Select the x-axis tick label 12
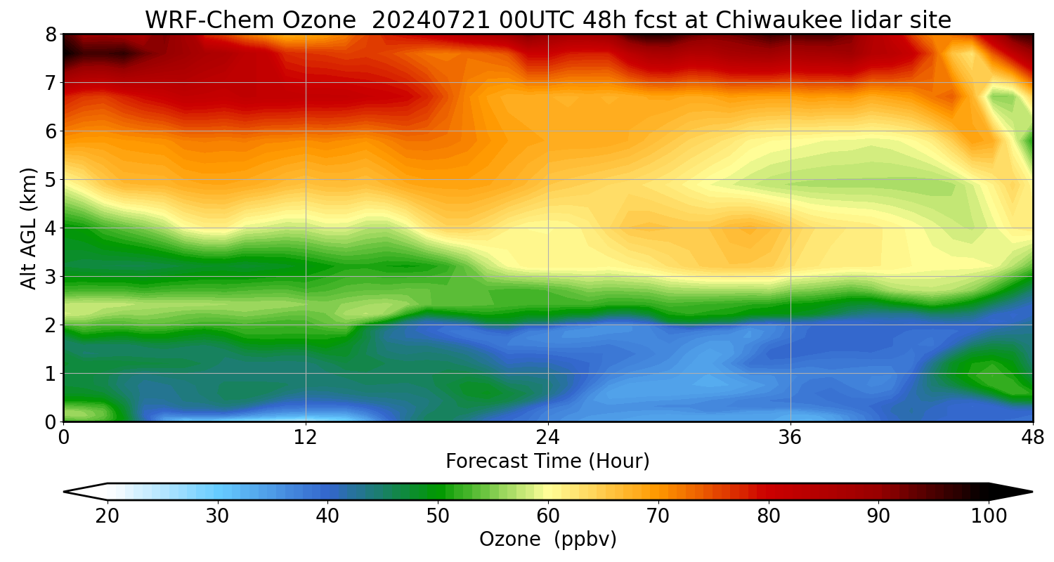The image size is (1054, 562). [306, 438]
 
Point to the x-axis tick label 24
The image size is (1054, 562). [548, 438]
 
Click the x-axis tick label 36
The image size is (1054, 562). [790, 438]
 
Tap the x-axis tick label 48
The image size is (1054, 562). [1033, 438]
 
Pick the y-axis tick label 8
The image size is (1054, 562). [51, 34]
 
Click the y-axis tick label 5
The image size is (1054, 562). [51, 180]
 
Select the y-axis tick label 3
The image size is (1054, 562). [51, 277]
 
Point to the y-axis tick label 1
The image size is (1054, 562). [51, 374]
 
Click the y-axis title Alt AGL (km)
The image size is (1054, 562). [29, 228]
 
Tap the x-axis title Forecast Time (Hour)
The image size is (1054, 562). [548, 462]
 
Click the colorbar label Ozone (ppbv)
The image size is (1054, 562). [548, 540]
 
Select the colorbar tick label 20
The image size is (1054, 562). [108, 516]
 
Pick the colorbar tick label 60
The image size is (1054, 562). [548, 516]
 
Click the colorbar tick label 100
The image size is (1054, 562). [989, 516]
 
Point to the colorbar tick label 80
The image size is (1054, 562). [769, 516]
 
